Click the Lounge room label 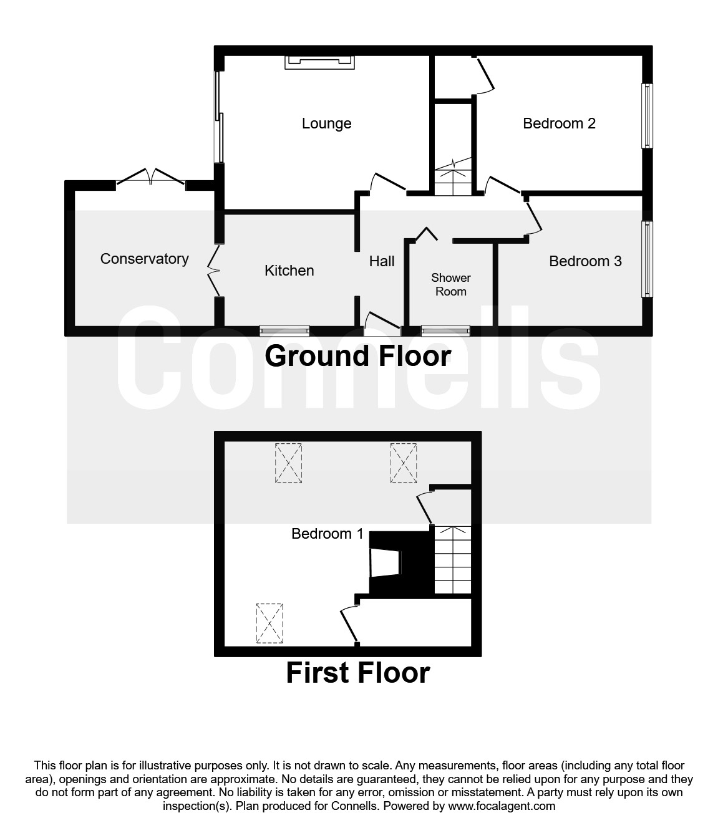click(x=326, y=123)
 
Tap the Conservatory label click(x=144, y=259)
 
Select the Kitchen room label click(x=289, y=271)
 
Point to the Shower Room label click(x=450, y=284)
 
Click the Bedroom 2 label click(x=559, y=123)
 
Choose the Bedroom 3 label click(x=585, y=261)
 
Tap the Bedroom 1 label click(x=327, y=534)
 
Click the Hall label click(x=382, y=261)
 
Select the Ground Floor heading click(x=358, y=357)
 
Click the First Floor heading click(x=358, y=673)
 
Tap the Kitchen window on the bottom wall click(x=284, y=330)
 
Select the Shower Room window click(x=445, y=330)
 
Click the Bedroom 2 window click(x=648, y=116)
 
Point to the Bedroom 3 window click(x=648, y=259)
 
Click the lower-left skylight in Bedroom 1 click(x=270, y=622)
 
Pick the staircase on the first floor click(x=452, y=559)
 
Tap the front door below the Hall click(x=382, y=320)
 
